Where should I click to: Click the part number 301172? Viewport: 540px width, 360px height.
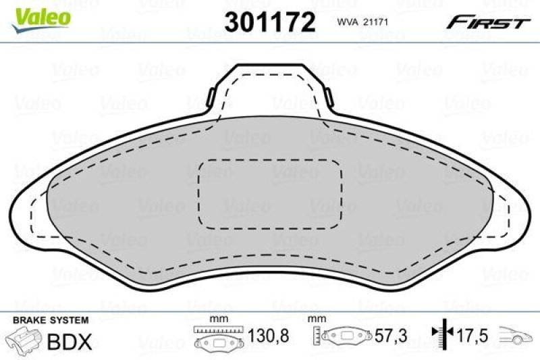(269, 23)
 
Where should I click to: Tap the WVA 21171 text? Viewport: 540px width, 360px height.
(360, 23)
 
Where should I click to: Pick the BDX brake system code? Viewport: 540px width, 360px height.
(70, 342)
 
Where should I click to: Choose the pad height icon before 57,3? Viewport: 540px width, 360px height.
(344, 336)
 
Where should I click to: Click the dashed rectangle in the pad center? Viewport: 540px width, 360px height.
(270, 194)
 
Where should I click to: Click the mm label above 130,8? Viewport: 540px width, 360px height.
(217, 318)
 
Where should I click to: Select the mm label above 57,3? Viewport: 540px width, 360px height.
(315, 318)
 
